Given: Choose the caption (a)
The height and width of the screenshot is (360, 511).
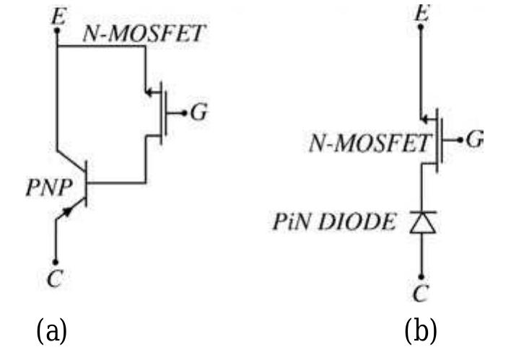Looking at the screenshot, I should [x=51, y=331].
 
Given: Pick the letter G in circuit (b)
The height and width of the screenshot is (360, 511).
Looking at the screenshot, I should [x=474, y=139].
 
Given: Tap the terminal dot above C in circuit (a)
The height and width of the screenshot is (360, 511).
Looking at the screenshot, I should [x=56, y=261].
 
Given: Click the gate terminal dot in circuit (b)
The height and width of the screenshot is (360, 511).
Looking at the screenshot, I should [x=460, y=139].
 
